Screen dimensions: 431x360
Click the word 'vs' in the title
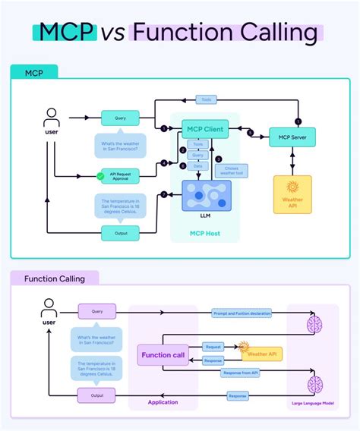(113, 33)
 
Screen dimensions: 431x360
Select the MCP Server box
(292, 137)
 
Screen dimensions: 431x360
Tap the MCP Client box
(204, 130)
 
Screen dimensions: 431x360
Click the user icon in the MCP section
(52, 118)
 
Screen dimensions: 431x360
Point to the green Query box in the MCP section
(120, 118)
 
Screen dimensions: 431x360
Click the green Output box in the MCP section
(120, 232)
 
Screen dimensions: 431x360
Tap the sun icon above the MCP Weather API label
(292, 187)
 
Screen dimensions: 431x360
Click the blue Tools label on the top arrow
(207, 99)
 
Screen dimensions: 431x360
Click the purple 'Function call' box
(162, 354)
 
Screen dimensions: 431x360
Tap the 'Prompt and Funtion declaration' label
(241, 313)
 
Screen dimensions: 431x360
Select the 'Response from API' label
(241, 373)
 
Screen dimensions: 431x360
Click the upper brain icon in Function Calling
(314, 324)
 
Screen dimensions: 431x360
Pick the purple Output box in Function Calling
(97, 395)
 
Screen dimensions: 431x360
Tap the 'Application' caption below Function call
(163, 402)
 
